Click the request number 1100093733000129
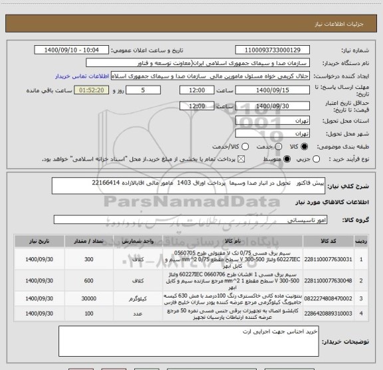click(273, 50)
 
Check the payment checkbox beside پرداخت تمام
click(241, 159)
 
